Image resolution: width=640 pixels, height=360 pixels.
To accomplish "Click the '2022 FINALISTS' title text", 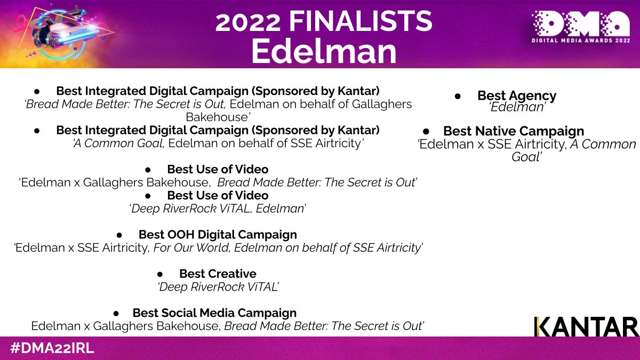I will [x=324, y=21].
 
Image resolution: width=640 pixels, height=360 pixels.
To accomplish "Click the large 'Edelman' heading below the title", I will [x=324, y=51].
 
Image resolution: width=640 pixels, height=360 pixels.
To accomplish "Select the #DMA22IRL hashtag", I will [x=52, y=348].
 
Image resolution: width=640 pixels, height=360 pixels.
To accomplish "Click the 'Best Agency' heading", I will [x=516, y=95].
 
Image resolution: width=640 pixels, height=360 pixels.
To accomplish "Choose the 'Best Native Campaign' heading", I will [x=513, y=131].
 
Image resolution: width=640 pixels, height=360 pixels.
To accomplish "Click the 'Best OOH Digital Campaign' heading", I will [x=218, y=235].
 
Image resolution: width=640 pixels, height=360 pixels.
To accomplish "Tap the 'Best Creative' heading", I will [x=218, y=274].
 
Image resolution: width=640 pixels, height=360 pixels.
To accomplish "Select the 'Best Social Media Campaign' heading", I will [x=214, y=313].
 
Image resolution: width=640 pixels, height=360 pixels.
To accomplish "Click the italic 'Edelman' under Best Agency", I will [x=516, y=107].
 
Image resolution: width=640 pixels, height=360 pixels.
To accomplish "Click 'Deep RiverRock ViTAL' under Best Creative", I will [x=219, y=287].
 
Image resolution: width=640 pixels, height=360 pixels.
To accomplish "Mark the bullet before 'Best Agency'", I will [x=458, y=96].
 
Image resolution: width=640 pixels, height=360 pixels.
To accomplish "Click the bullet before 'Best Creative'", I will [x=159, y=274].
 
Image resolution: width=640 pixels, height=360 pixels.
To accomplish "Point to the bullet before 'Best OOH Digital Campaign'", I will [x=119, y=235].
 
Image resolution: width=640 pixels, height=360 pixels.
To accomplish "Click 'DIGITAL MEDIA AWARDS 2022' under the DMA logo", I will [x=581, y=39].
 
